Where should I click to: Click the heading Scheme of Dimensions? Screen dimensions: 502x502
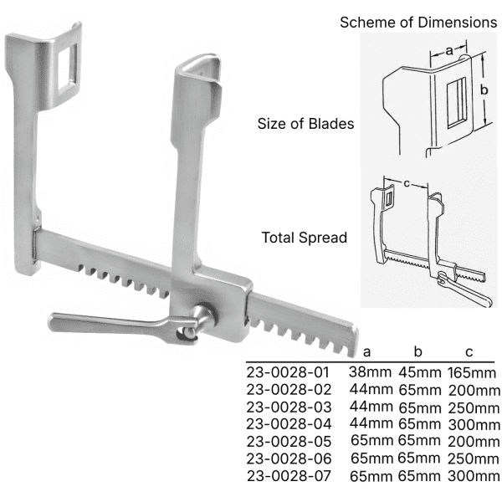coord(418,23)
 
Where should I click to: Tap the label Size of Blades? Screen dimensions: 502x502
coord(305,124)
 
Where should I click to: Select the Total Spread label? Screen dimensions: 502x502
coord(305,238)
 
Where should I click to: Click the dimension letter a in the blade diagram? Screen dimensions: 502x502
coord(449,50)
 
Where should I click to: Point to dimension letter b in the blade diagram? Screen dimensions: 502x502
coord(484,90)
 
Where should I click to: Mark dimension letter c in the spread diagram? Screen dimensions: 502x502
coord(407,183)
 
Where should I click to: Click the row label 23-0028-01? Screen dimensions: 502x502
coord(288,372)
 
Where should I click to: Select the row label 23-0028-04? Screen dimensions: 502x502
coord(289,424)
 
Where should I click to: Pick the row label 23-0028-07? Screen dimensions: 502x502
coord(289,476)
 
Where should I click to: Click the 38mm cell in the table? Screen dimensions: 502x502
coord(370,372)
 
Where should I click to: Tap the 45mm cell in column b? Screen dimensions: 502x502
coord(420,372)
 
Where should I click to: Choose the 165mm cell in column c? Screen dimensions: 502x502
coord(472,373)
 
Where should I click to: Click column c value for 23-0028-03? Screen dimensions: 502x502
coord(474,408)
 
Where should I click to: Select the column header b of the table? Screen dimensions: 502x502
coord(417,351)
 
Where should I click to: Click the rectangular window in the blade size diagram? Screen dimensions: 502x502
coord(456,103)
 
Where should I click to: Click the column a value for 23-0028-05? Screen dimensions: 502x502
coord(371,441)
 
